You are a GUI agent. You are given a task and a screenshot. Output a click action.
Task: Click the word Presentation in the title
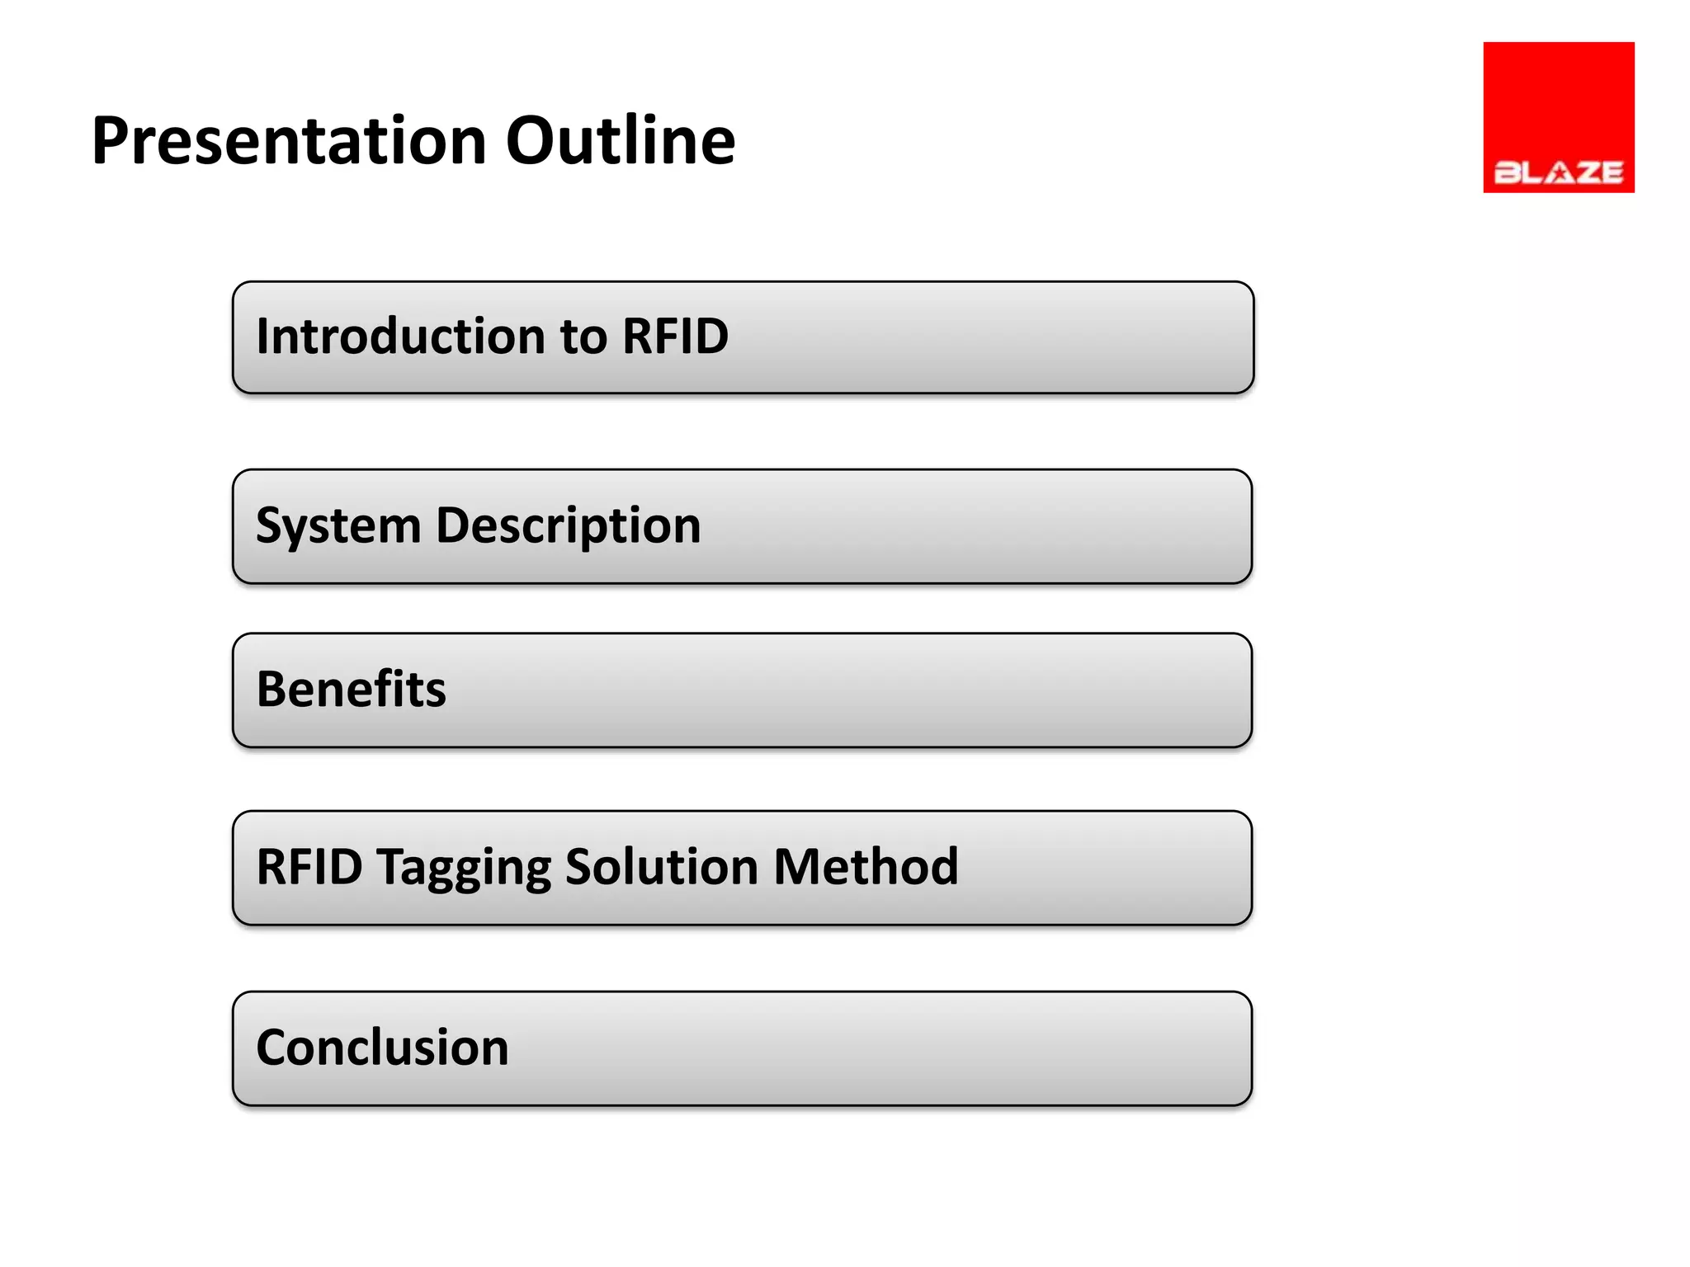[x=288, y=142]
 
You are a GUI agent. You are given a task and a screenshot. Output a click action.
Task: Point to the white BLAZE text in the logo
[x=1558, y=172]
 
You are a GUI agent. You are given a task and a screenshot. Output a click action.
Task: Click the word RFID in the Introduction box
[x=675, y=337]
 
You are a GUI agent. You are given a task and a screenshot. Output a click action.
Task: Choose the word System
[x=338, y=525]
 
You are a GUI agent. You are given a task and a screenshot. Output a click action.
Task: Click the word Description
[x=568, y=525]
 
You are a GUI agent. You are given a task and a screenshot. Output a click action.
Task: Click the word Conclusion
[x=382, y=1048]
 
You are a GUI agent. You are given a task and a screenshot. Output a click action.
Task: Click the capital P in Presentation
[x=111, y=142]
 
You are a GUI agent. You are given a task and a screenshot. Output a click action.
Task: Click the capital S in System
[x=270, y=525]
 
